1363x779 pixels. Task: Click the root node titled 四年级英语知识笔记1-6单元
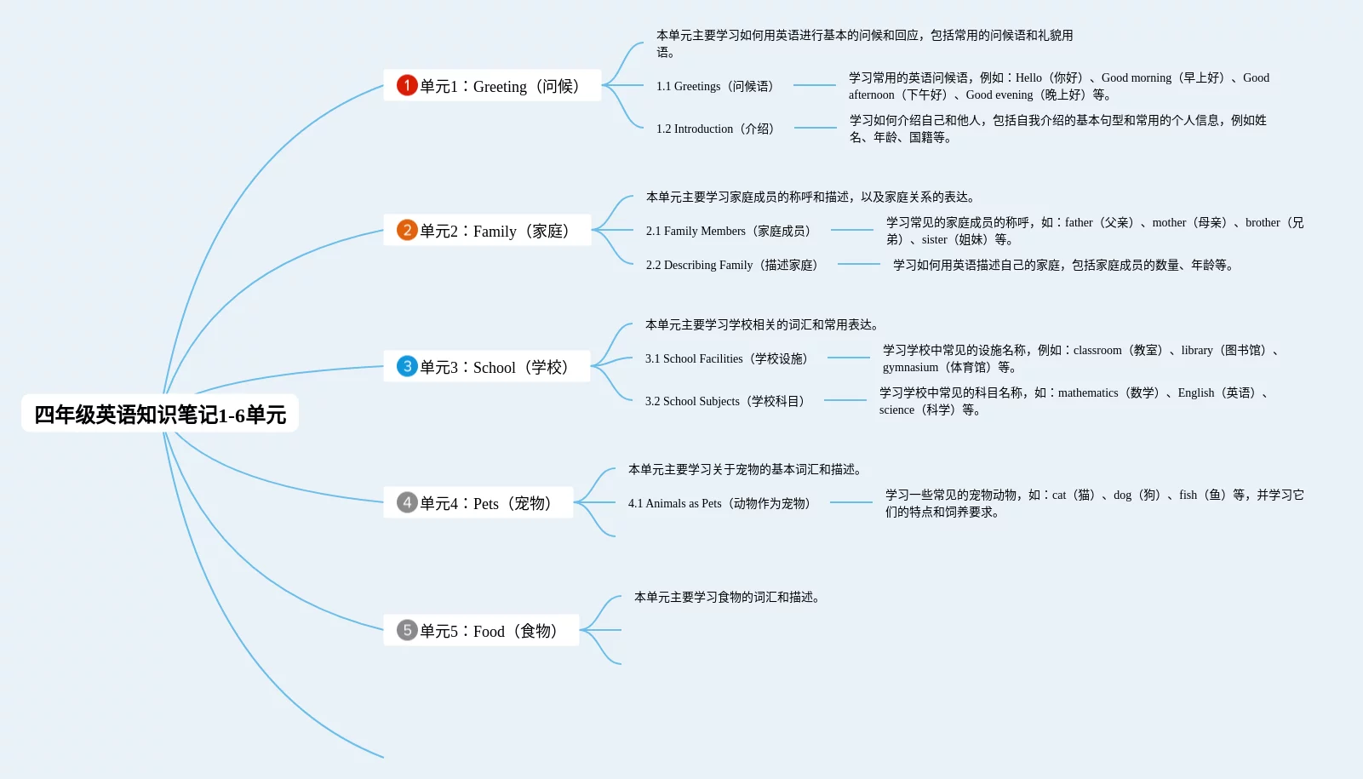[160, 414]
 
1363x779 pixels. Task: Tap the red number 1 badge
[407, 85]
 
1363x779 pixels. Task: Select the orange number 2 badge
[407, 230]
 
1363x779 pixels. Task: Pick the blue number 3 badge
[407, 366]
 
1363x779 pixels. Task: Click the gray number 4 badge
[407, 502]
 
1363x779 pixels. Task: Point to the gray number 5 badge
[407, 630]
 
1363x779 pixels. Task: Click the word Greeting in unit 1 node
[500, 86]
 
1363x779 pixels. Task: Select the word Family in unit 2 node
[495, 231]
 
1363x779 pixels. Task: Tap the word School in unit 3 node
[495, 367]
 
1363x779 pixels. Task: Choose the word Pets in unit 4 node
[486, 503]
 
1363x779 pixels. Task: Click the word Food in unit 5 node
[489, 631]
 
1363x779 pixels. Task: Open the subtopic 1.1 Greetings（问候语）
[715, 86]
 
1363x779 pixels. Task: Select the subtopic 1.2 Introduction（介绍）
[715, 129]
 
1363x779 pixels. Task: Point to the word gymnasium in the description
[910, 367]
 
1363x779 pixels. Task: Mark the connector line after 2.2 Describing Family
[858, 264]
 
